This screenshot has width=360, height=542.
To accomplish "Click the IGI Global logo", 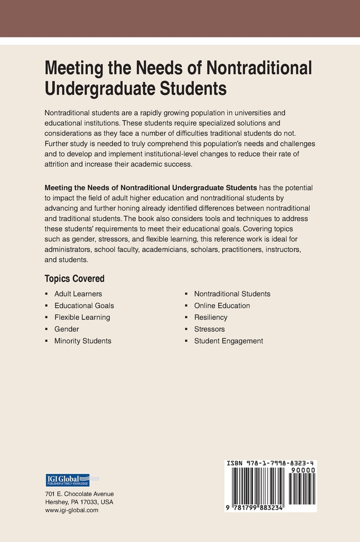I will tap(68, 480).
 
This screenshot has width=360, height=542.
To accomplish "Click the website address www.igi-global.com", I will tap(71, 510).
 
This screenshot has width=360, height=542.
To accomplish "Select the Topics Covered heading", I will tap(74, 278).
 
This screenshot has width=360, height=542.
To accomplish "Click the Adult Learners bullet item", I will tap(78, 294).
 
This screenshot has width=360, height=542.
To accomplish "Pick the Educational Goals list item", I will tap(84, 306).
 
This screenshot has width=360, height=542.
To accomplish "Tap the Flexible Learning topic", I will tap(82, 317).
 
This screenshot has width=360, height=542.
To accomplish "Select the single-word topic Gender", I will tap(67, 329).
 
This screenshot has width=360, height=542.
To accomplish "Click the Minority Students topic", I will tap(82, 341).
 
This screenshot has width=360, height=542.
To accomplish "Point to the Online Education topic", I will tap(222, 306).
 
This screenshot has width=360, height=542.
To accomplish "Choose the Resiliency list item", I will tap(211, 317).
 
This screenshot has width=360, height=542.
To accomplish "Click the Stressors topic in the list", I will tap(209, 329).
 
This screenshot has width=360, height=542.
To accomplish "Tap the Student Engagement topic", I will tap(229, 341).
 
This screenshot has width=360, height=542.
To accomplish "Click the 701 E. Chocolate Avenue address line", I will tap(80, 493).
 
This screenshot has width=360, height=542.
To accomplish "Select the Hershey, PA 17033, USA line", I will tap(79, 502).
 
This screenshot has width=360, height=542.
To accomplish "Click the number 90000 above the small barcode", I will tap(302, 470).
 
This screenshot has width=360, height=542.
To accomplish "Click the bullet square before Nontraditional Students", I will tap(187, 294).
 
